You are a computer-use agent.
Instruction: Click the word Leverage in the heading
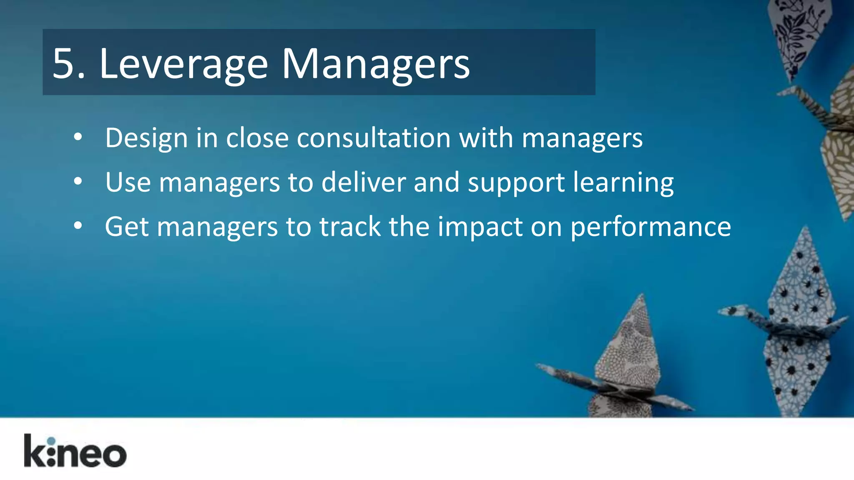click(x=183, y=65)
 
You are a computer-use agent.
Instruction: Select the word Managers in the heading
click(x=376, y=65)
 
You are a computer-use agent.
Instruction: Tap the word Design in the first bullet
click(x=146, y=138)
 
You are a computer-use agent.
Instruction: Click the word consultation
click(x=374, y=138)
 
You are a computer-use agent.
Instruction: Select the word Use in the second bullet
click(x=128, y=182)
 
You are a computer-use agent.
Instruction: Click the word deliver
click(x=363, y=182)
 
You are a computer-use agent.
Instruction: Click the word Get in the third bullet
click(x=126, y=227)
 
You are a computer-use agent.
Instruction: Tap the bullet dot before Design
click(x=78, y=137)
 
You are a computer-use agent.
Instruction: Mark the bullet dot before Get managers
click(x=78, y=226)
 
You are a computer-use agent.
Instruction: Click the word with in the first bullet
click(x=486, y=138)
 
